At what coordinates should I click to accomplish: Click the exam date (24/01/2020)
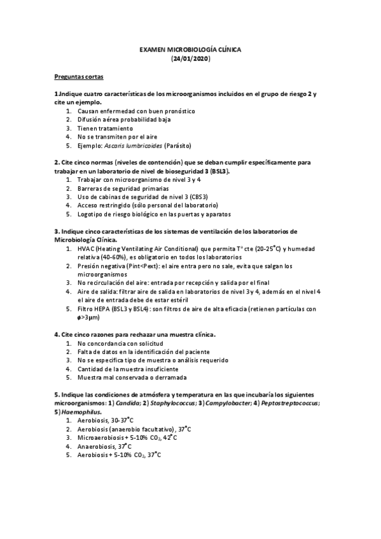coord(191,58)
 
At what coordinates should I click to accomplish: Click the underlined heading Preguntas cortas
coord(78,76)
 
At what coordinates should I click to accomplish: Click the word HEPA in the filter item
coord(101,309)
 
